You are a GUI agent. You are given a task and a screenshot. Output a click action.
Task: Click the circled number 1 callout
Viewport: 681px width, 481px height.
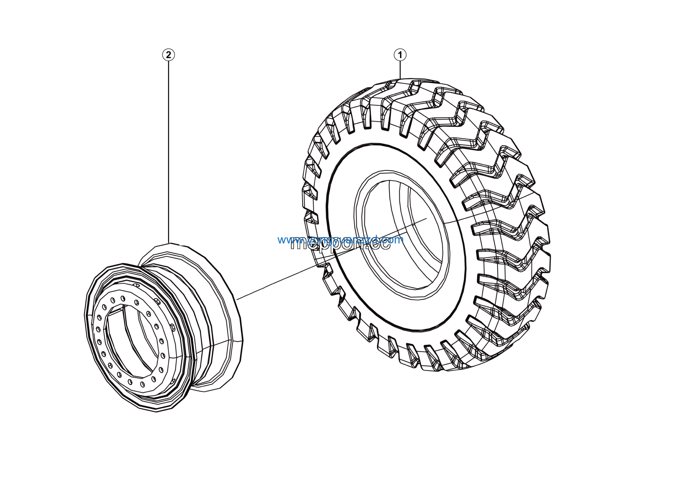(x=400, y=55)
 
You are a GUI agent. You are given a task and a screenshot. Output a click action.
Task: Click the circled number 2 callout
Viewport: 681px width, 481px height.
(x=168, y=55)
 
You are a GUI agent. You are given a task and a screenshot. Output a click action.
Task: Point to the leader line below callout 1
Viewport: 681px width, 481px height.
(x=400, y=70)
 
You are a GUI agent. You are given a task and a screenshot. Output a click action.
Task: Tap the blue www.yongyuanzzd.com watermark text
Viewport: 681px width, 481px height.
(x=340, y=240)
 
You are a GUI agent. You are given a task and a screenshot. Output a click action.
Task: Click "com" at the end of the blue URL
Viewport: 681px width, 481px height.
(x=393, y=240)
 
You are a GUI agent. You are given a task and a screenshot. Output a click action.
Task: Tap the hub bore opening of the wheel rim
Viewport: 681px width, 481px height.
(x=131, y=341)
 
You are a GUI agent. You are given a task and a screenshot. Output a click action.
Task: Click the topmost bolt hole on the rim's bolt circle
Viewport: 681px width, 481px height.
(x=123, y=298)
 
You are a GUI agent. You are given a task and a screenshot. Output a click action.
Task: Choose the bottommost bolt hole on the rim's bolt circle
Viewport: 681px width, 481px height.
(x=142, y=384)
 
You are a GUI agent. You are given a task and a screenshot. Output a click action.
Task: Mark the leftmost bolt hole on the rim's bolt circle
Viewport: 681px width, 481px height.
(x=98, y=329)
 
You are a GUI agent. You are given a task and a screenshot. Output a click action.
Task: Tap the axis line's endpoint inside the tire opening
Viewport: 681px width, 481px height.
(x=426, y=219)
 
